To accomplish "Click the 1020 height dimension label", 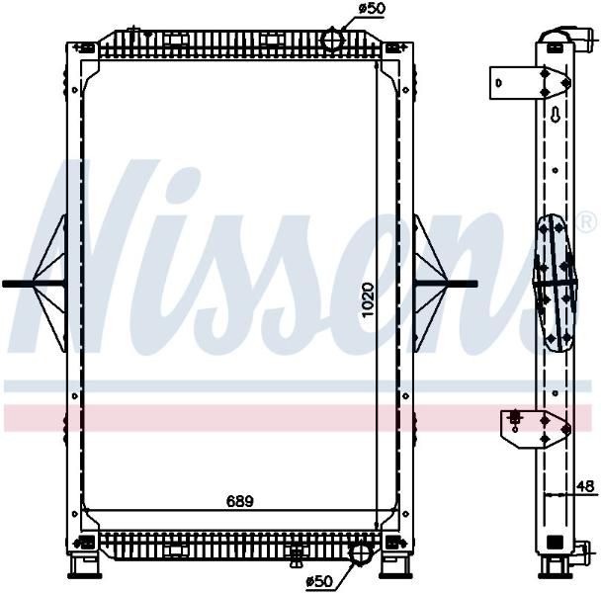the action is click(368, 299).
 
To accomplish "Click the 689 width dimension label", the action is click(240, 501).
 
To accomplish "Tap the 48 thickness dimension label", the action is click(585, 486).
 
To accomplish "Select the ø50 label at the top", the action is click(371, 9).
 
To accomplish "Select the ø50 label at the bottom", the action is click(319, 582).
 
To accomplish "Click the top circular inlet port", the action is click(332, 40).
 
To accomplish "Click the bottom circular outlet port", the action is click(360, 553).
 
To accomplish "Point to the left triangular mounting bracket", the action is click(49, 284).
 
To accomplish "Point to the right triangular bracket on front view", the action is click(431, 284).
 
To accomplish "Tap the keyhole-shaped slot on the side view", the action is click(556, 115).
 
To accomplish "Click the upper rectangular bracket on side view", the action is click(530, 83).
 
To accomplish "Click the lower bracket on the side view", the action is click(536, 429).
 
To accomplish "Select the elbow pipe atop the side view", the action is click(569, 39).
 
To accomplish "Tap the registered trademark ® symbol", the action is click(587, 222).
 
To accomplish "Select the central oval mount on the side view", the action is click(556, 283).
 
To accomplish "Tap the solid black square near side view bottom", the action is click(555, 542).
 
